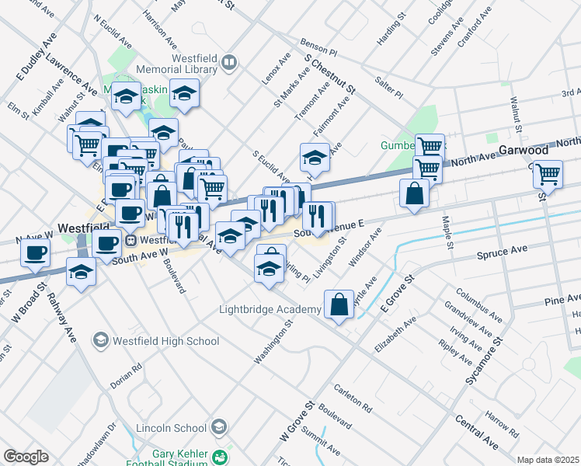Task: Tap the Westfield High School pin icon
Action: pos(99,340)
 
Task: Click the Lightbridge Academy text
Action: pos(270,310)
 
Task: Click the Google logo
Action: pos(26,457)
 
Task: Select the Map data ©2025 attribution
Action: pos(548,460)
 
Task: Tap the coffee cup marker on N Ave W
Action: pos(35,252)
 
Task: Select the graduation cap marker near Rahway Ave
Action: pos(82,272)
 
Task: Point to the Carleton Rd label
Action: pos(353,398)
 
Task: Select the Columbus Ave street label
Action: pos(476,303)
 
